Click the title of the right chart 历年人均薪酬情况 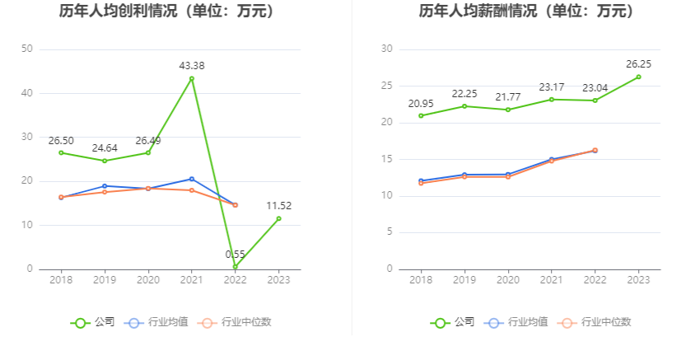(x=526, y=12)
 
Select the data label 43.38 (x=192, y=65)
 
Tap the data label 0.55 (x=236, y=254)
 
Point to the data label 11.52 (x=278, y=205)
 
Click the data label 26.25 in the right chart (x=638, y=63)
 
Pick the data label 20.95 (x=421, y=103)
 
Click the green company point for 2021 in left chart (x=192, y=78)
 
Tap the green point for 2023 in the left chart (x=278, y=218)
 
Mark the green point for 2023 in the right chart (x=638, y=77)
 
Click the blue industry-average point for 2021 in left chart (x=192, y=179)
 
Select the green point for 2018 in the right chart (x=421, y=115)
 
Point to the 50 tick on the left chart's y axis (x=26, y=49)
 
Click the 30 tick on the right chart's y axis (x=386, y=49)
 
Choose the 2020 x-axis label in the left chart (x=148, y=280)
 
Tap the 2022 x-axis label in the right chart (x=595, y=280)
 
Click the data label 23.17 (x=551, y=86)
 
